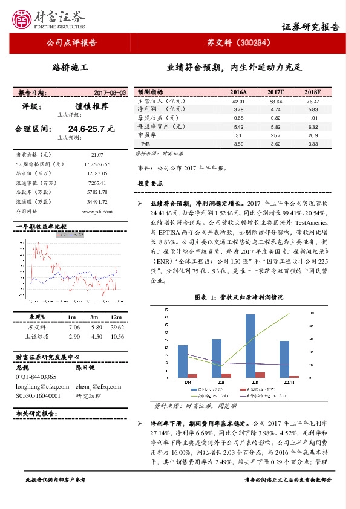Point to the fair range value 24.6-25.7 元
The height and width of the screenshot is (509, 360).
[x=91, y=129]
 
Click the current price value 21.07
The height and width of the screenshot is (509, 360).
[x=97, y=155]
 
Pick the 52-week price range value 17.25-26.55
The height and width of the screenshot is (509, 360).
[x=97, y=164]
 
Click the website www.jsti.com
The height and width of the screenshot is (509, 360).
[x=97, y=212]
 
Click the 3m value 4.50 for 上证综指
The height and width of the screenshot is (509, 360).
[x=94, y=336]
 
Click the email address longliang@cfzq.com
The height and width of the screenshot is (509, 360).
[x=38, y=386]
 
